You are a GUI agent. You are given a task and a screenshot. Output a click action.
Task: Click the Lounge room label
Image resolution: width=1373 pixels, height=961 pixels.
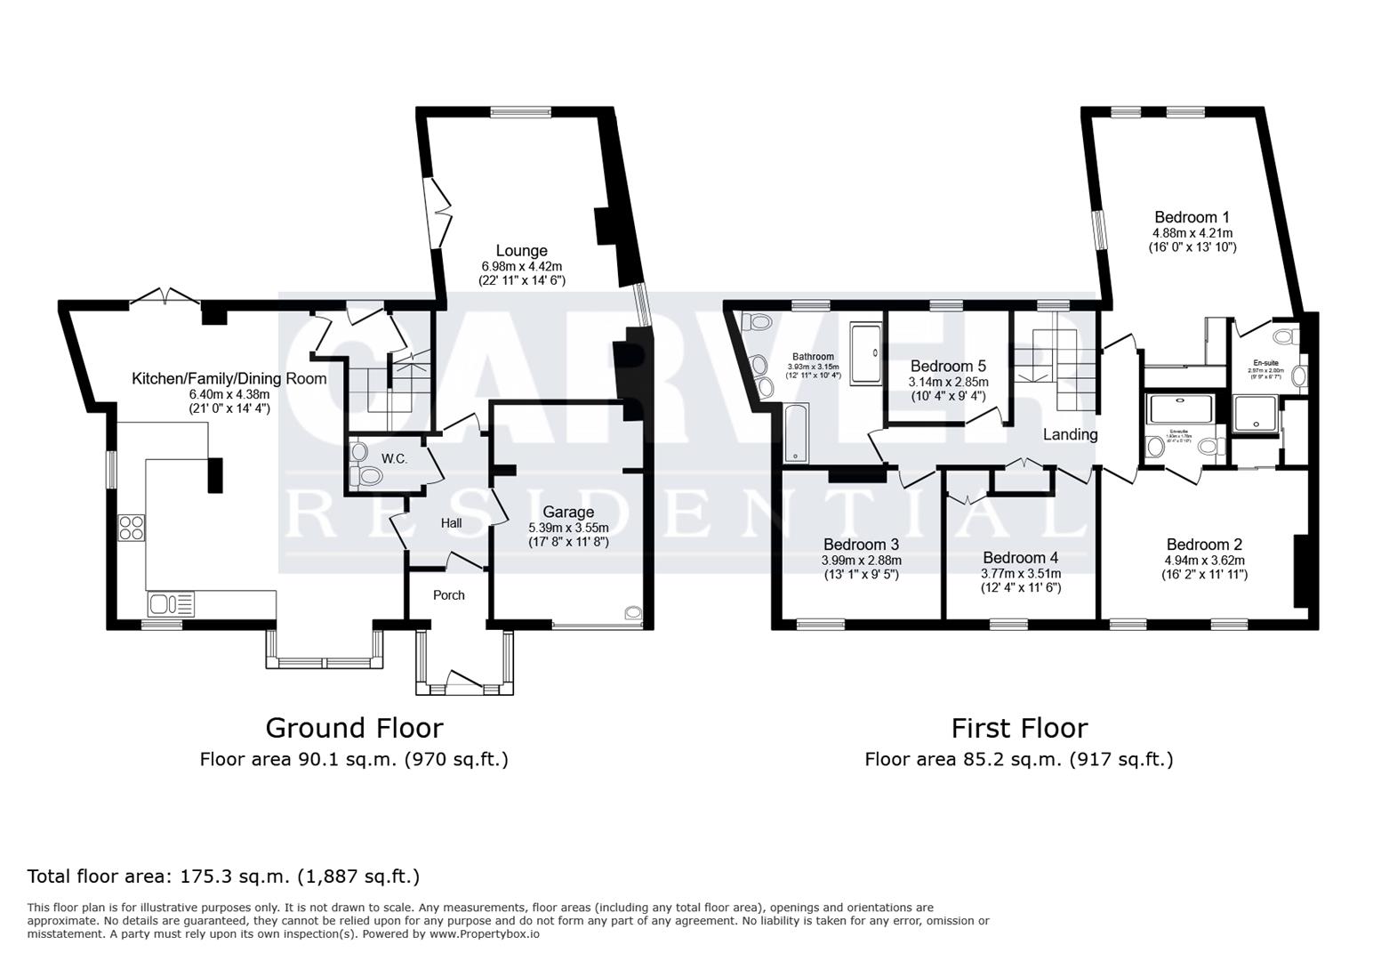pyautogui.click(x=521, y=251)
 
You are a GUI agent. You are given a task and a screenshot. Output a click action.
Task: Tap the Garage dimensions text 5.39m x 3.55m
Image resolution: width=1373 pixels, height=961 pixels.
pyautogui.click(x=568, y=527)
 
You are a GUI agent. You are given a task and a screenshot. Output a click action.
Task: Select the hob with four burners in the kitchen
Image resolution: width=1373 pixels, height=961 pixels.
pyautogui.click(x=131, y=527)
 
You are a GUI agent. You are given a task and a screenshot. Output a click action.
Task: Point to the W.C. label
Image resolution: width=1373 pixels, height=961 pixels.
pyautogui.click(x=394, y=458)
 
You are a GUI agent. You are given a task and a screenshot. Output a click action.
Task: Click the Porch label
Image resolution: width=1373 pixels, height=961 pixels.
pyautogui.click(x=448, y=594)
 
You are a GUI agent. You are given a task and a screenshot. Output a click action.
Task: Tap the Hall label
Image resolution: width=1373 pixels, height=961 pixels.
pyautogui.click(x=451, y=523)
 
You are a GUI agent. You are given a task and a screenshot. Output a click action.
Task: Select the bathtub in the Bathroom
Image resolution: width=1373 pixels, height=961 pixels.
pyautogui.click(x=793, y=432)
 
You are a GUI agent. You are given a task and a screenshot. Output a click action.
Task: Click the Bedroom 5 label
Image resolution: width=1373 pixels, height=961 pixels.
pyautogui.click(x=948, y=366)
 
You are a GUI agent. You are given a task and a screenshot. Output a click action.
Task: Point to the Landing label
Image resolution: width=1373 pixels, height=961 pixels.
pyautogui.click(x=1070, y=434)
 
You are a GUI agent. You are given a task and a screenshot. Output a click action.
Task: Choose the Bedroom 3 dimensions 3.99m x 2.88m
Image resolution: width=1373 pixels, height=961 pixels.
pyautogui.click(x=861, y=561)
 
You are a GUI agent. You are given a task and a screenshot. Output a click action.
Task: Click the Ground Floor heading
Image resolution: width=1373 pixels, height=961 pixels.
pyautogui.click(x=354, y=728)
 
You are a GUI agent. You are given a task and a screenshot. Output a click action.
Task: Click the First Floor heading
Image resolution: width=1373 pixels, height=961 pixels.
pyautogui.click(x=1019, y=728)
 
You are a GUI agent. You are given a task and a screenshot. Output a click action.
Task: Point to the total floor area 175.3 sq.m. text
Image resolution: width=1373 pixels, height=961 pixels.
pyautogui.click(x=223, y=876)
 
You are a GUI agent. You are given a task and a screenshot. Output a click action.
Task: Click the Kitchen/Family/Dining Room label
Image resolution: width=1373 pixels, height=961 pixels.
pyautogui.click(x=229, y=378)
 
